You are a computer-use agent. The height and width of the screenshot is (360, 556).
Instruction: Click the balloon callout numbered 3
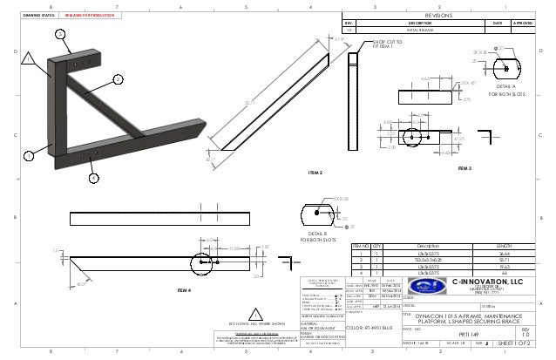pos(60,33)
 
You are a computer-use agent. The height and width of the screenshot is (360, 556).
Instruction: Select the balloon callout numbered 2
pos(116,79)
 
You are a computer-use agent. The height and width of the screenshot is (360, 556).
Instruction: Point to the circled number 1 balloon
pos(27,155)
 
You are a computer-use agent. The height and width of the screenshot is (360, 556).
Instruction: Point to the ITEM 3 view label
pos(462,167)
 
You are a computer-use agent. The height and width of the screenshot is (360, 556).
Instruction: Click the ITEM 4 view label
pos(185,286)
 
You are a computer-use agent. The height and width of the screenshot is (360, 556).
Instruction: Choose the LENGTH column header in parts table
pos(504,246)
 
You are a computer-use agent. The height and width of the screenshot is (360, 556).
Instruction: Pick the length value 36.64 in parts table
pos(504,253)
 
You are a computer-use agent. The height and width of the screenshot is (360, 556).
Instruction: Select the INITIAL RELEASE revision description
pos(399,30)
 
